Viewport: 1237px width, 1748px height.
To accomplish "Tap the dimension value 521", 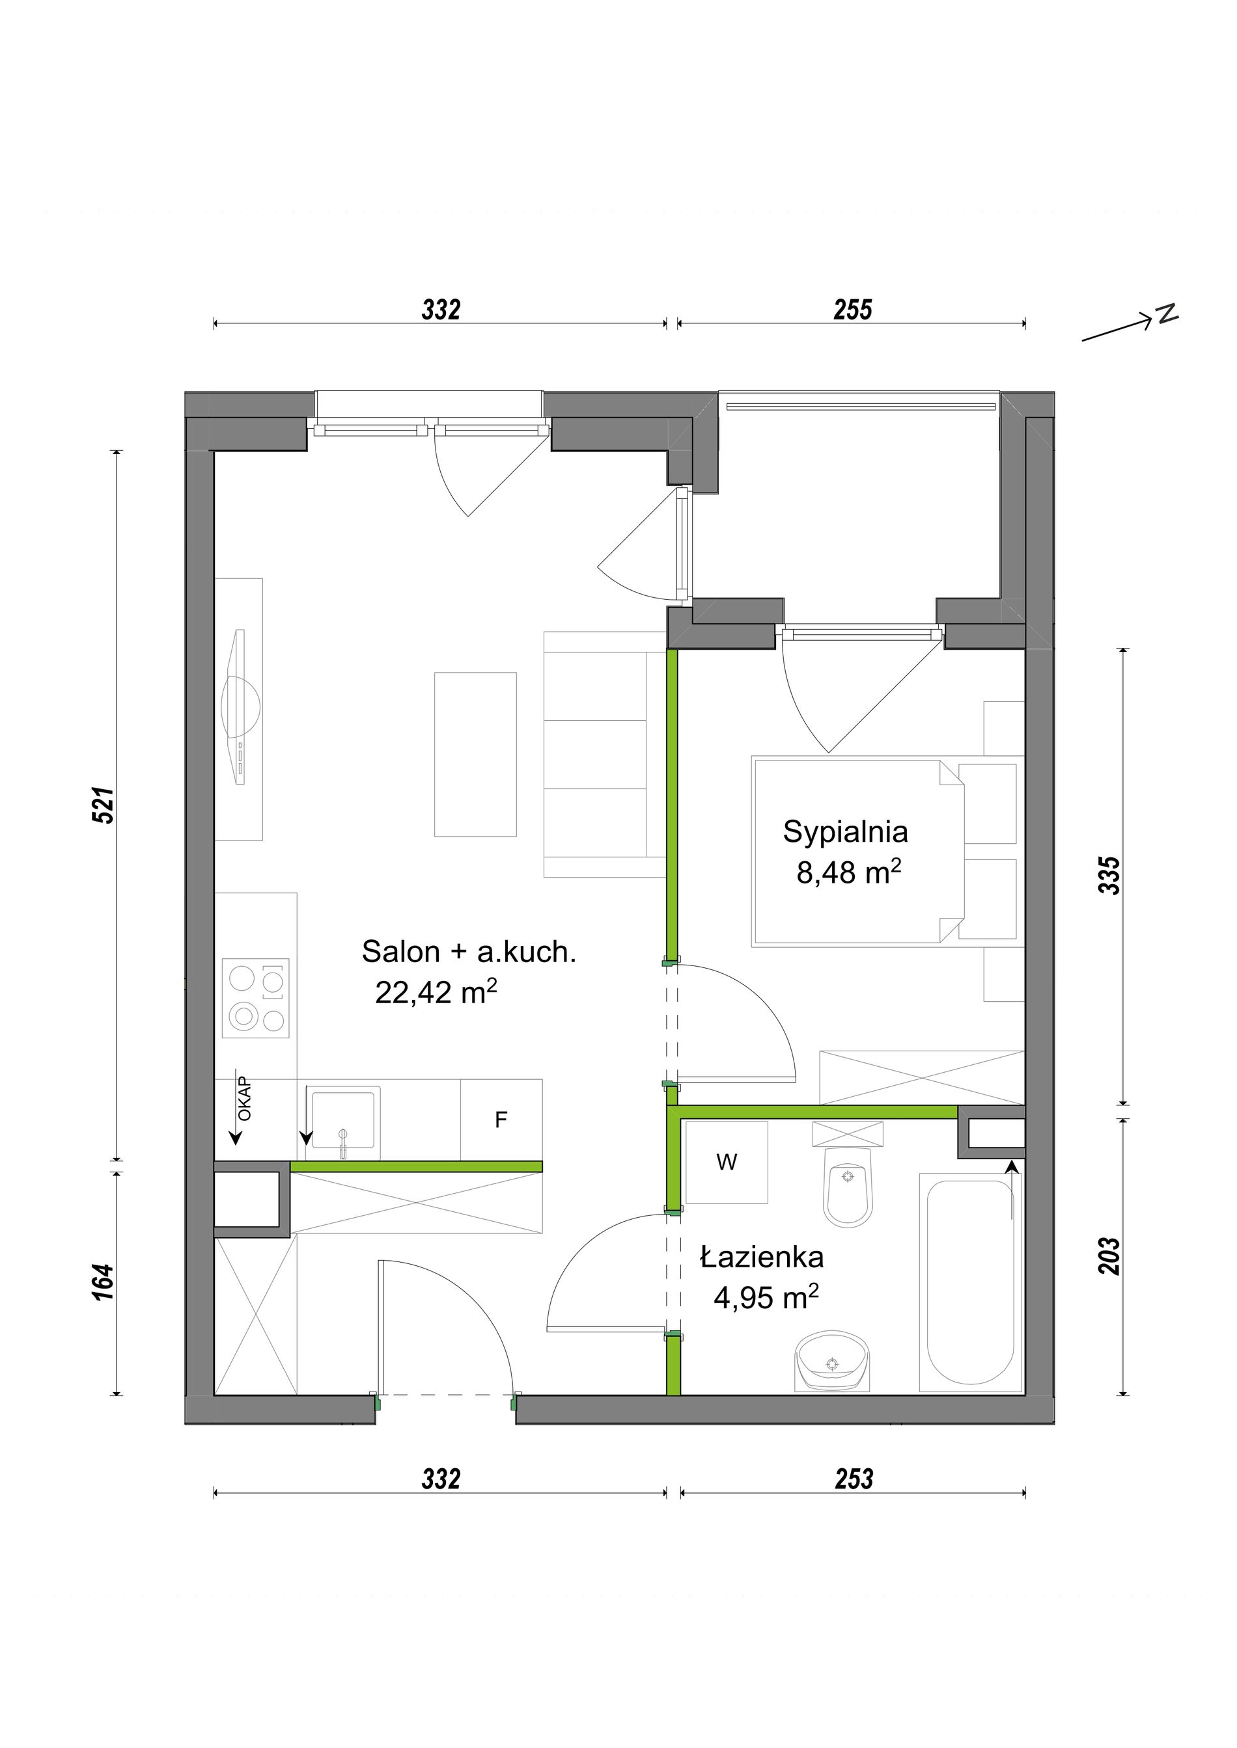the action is (x=103, y=805).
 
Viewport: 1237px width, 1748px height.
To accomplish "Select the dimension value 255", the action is (x=852, y=310).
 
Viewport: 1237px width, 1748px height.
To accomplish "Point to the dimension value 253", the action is (x=853, y=1479).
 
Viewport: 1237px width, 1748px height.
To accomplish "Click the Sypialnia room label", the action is (x=846, y=832).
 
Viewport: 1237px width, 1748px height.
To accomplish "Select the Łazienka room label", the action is (x=762, y=1257).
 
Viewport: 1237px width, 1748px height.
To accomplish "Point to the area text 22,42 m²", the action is (x=436, y=992).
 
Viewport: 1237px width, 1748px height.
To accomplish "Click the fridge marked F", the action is (x=501, y=1119).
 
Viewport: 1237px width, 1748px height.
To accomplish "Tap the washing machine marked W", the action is (x=726, y=1162).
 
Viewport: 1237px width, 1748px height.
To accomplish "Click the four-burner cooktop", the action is (x=255, y=998).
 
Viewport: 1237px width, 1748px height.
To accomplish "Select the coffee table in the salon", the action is (x=475, y=755).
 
